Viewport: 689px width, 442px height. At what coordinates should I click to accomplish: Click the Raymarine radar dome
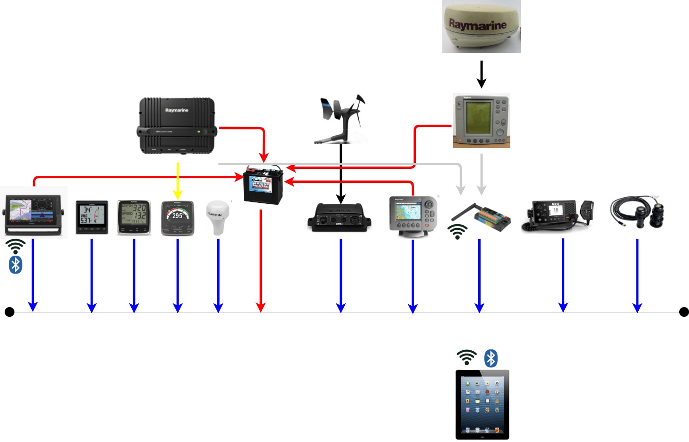[x=481, y=26]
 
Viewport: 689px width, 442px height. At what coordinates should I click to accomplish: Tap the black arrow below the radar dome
[x=482, y=74]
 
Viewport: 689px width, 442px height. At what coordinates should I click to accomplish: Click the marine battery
[x=263, y=185]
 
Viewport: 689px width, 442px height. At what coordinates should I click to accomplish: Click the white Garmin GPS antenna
[x=218, y=217]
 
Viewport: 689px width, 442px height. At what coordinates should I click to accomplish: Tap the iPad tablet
[x=482, y=404]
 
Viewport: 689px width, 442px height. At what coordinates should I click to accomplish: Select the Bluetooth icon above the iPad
[x=491, y=358]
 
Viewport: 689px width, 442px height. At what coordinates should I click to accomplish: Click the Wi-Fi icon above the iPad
[x=467, y=357]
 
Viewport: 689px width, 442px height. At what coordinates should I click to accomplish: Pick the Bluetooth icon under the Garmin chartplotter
[x=16, y=265]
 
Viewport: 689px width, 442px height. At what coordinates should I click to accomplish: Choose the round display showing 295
[x=177, y=217]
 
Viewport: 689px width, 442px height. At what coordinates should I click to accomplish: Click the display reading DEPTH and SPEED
[x=134, y=217]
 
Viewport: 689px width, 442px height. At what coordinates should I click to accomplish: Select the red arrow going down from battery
[x=261, y=261]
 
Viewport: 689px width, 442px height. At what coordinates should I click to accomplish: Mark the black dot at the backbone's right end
[x=683, y=312]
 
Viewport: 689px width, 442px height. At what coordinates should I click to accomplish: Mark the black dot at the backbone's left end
[x=9, y=312]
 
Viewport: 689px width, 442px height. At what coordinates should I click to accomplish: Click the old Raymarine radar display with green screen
[x=482, y=121]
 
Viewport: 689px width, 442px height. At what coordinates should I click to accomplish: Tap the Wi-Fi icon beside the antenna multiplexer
[x=458, y=231]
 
